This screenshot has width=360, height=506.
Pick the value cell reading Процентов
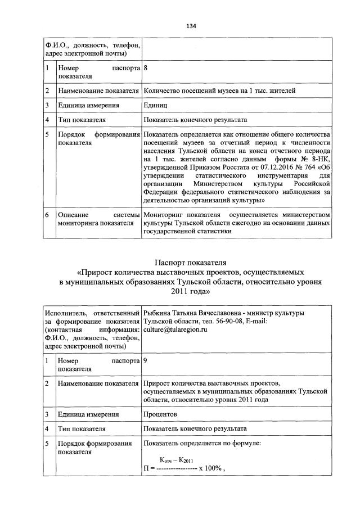[x=160, y=414]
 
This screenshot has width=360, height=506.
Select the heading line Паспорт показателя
[x=190, y=262]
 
